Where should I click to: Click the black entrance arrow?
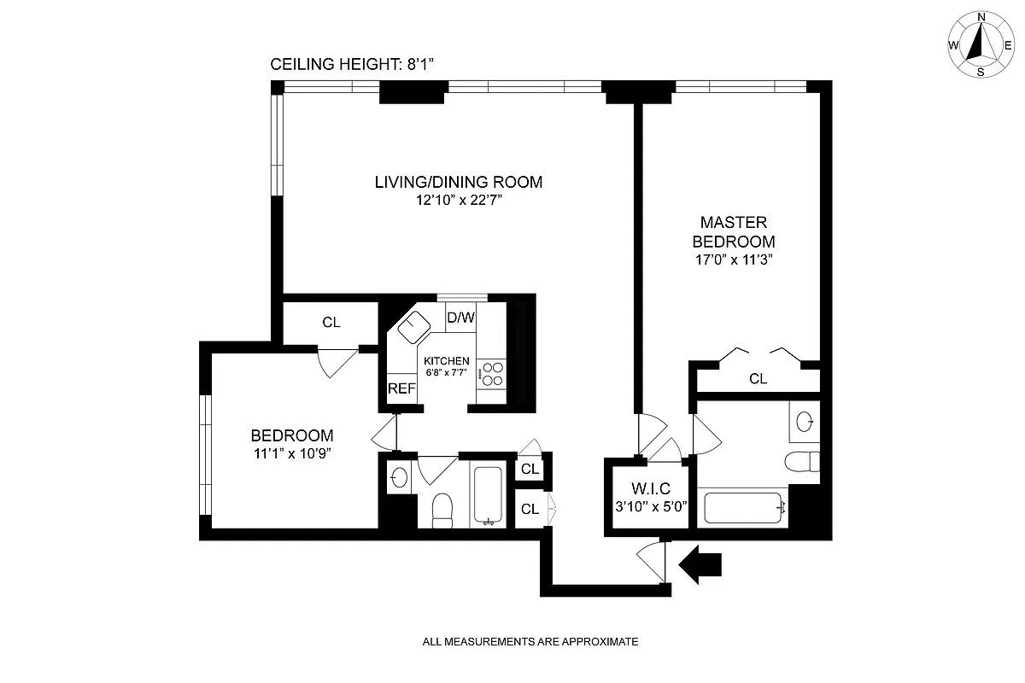point(700,564)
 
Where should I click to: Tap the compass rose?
point(981,44)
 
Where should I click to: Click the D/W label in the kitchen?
point(461,318)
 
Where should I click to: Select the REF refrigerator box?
point(401,388)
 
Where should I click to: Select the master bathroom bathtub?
point(741,506)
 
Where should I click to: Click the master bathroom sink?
point(804,420)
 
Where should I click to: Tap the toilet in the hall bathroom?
point(442,511)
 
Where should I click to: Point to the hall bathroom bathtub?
point(488,496)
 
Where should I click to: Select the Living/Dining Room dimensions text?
point(458,201)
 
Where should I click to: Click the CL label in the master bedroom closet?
point(758,379)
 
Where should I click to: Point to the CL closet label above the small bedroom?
point(331,323)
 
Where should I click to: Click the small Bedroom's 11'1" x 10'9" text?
point(292,453)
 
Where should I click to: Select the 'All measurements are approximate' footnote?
point(530,641)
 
